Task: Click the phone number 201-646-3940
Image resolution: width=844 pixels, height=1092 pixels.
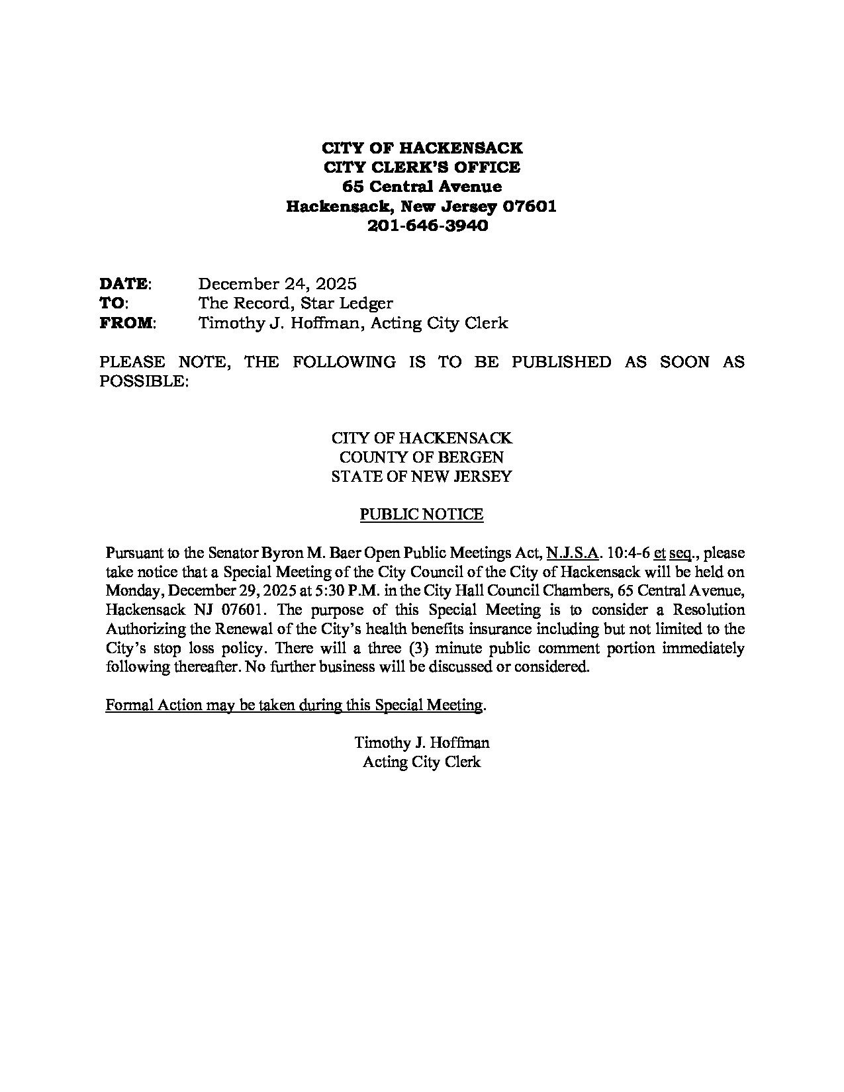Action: point(422,226)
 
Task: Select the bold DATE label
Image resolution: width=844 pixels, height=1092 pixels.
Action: point(123,284)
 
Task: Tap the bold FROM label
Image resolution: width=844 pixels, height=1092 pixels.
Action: point(126,323)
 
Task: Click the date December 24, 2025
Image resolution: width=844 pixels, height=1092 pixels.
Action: point(277,284)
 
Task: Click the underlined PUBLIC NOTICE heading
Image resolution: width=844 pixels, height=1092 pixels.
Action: point(422,514)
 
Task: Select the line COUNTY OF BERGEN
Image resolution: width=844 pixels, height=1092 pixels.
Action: point(422,457)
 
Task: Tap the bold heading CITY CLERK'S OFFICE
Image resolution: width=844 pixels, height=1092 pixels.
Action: point(422,167)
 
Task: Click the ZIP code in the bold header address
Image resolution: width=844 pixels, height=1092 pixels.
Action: point(530,206)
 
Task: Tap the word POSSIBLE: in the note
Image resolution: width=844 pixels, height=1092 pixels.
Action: point(144,381)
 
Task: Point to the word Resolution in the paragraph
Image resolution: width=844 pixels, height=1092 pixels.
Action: point(708,610)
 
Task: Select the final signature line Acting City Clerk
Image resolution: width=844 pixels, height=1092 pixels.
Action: point(422,762)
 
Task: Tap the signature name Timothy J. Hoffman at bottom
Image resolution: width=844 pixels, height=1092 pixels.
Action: point(422,743)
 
